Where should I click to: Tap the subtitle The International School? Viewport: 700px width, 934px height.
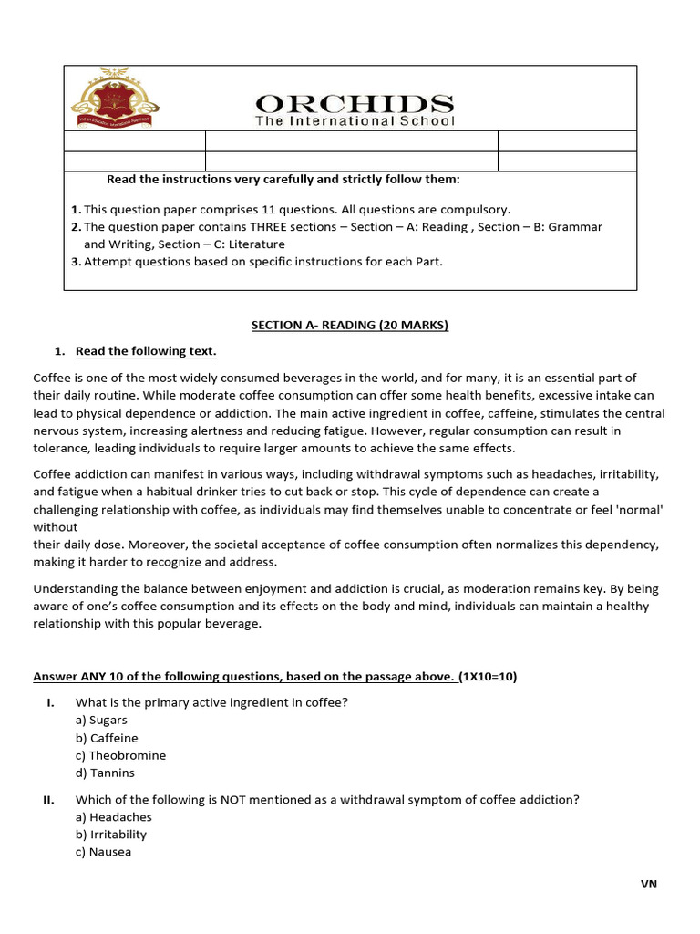(x=355, y=121)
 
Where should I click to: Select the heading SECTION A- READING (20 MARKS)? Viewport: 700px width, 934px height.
(x=350, y=325)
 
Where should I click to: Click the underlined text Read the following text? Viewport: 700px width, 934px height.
(x=146, y=351)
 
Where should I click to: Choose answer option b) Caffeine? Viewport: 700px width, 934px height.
(x=107, y=738)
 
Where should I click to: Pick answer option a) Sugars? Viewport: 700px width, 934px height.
(x=101, y=721)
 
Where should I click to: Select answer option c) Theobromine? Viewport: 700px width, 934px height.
(x=120, y=755)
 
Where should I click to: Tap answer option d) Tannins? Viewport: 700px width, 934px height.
(x=105, y=773)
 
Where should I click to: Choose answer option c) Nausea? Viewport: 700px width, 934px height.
(x=103, y=852)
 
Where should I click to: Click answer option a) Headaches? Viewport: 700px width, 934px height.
(x=113, y=817)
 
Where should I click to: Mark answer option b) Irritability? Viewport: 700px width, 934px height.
(x=110, y=835)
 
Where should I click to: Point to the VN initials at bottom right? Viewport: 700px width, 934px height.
(x=648, y=884)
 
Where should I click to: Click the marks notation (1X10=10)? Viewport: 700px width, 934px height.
(x=488, y=676)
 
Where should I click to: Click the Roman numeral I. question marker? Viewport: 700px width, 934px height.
(x=51, y=702)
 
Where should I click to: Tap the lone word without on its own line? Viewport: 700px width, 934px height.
(x=56, y=527)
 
